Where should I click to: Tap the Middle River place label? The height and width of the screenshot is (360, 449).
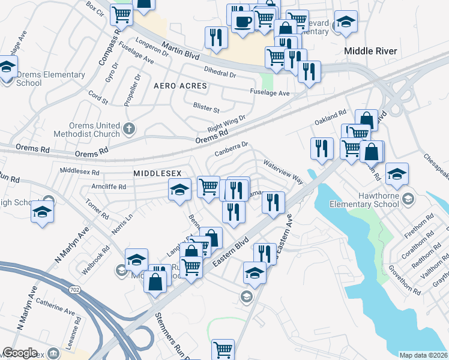tap(370, 51)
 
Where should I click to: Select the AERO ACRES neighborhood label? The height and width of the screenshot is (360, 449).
tap(180, 86)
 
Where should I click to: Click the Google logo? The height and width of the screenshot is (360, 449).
tap(20, 353)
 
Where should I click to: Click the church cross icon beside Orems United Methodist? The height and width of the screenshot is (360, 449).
tap(129, 128)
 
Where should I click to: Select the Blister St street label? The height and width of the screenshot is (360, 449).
tap(206, 107)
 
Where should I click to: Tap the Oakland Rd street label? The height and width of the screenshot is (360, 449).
tap(331, 117)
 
